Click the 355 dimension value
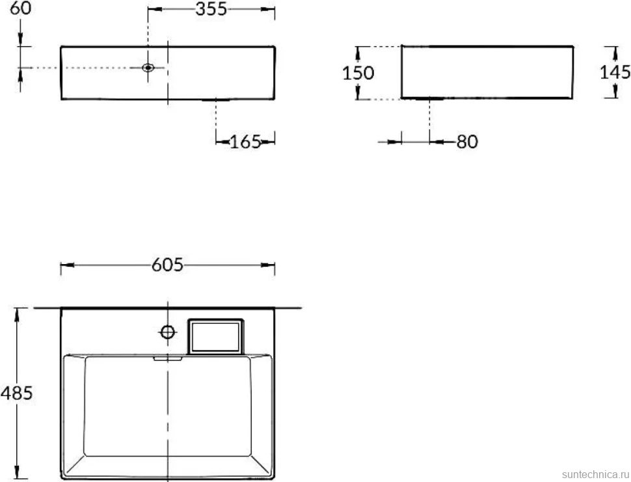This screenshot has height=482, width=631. (211, 9)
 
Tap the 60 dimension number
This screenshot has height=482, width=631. (21, 8)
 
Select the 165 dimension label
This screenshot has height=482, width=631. (245, 142)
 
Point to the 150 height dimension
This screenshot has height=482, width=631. (358, 73)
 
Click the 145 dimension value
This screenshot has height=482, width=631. (615, 72)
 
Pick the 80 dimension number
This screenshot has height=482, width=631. (467, 142)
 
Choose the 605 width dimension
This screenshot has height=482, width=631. (167, 265)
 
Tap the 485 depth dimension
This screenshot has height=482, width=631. (16, 393)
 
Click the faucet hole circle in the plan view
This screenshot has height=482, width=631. (167, 332)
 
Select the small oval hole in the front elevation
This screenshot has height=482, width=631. (148, 68)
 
